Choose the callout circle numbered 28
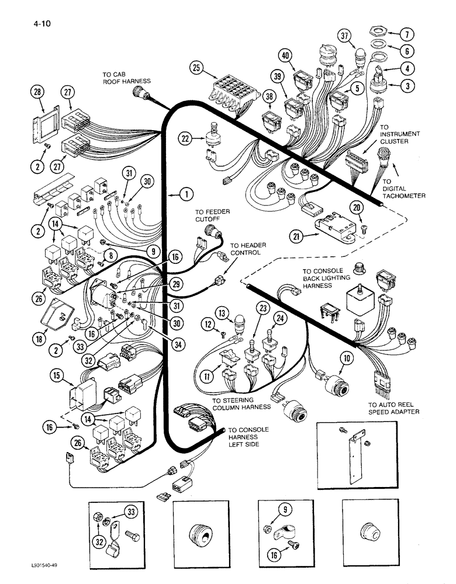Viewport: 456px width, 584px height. [38, 92]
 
